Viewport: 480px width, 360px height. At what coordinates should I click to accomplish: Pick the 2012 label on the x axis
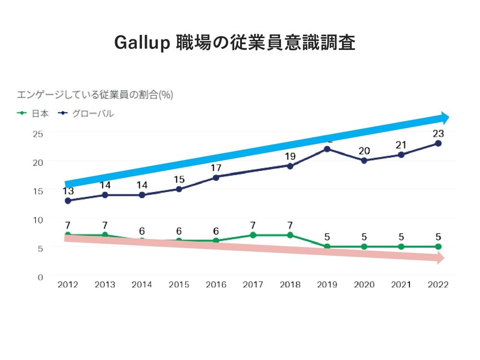67,285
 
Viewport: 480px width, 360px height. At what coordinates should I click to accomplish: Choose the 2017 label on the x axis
252,285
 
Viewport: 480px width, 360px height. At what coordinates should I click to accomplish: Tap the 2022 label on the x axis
438,285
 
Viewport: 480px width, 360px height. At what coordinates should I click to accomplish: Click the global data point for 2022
438,143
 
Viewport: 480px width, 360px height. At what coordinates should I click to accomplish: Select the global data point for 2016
216,178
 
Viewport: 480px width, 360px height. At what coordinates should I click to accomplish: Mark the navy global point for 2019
327,149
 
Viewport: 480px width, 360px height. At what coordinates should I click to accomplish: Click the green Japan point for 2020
364,247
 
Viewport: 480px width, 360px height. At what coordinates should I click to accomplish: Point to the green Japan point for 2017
253,235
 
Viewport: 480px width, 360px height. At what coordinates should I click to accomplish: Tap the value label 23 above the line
438,133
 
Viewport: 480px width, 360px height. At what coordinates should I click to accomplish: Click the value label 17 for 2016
216,168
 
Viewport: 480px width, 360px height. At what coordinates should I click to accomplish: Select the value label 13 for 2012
68,191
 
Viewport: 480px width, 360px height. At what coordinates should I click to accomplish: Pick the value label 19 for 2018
290,156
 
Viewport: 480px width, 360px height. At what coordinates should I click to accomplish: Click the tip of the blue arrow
448,118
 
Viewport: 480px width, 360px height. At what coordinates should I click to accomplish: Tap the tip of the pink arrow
443,258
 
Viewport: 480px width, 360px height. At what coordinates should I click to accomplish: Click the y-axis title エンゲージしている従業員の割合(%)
95,95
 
